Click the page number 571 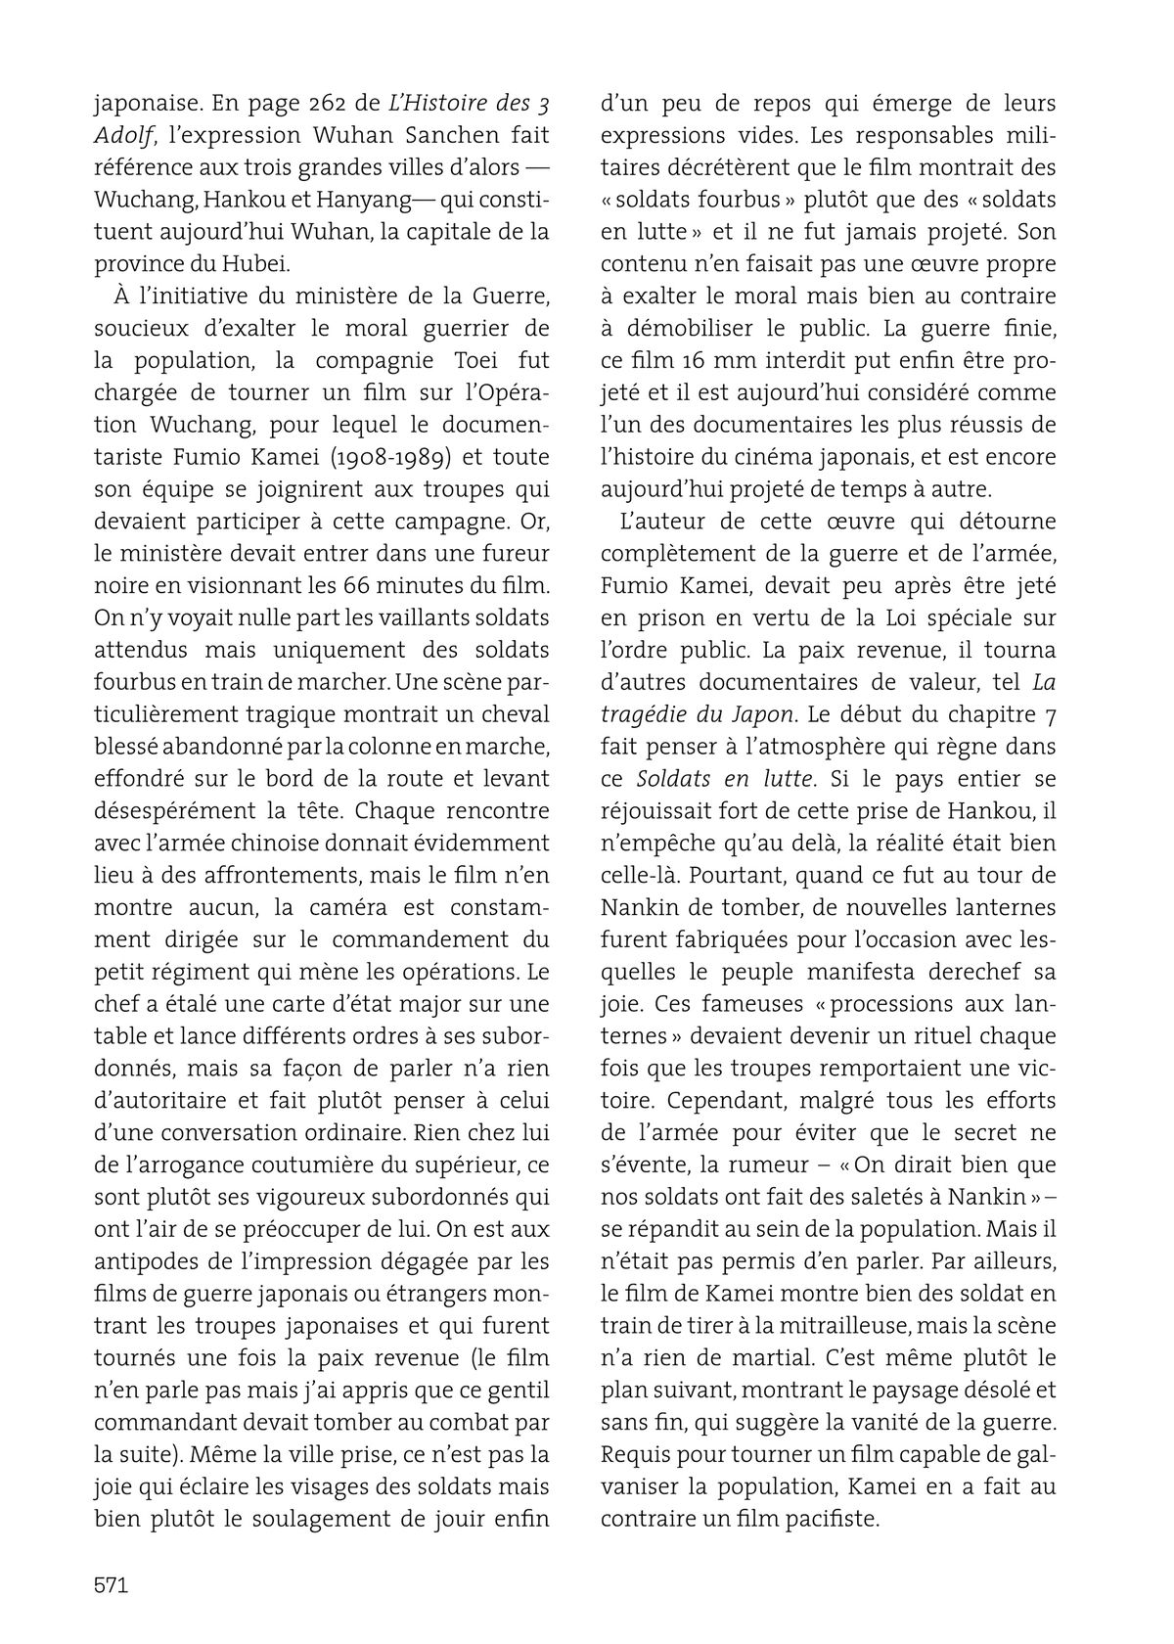point(111,1584)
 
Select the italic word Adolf point(121,135)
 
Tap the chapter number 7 point(1050,714)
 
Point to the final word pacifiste point(838,1519)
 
